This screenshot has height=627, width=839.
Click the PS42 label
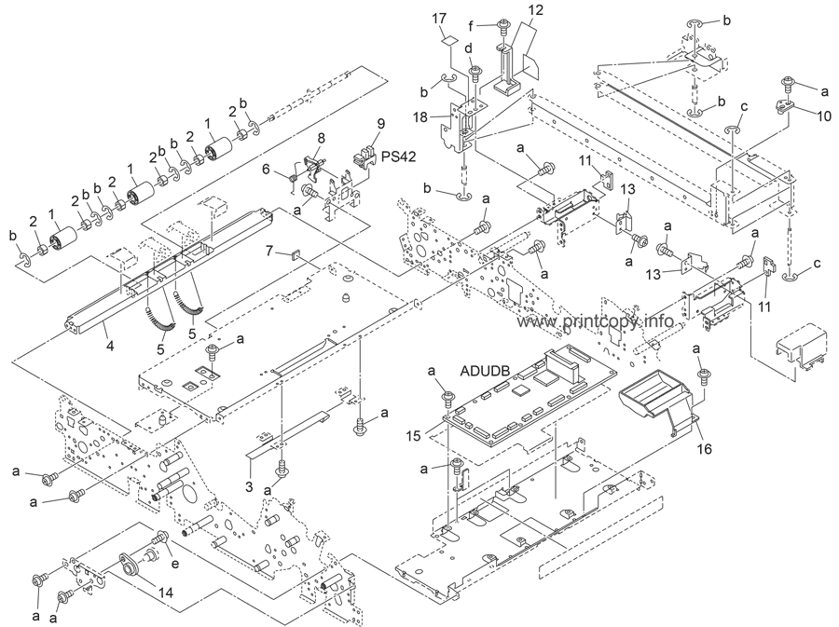point(399,157)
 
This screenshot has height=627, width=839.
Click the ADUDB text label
point(485,371)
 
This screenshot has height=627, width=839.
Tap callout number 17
point(439,19)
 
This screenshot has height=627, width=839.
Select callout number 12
point(536,10)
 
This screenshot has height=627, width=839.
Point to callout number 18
point(420,116)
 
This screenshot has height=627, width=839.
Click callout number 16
point(705,448)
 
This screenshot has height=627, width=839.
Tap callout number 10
point(823,116)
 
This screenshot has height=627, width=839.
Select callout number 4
point(110,346)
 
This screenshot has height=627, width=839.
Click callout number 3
point(249,486)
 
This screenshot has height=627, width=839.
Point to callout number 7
point(270,249)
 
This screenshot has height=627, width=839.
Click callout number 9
point(380,124)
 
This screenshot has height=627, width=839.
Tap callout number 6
point(266,169)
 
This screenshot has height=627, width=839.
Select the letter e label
point(175,564)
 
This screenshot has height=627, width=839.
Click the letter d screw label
point(469,48)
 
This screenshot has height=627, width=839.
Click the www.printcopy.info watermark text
point(595,321)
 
